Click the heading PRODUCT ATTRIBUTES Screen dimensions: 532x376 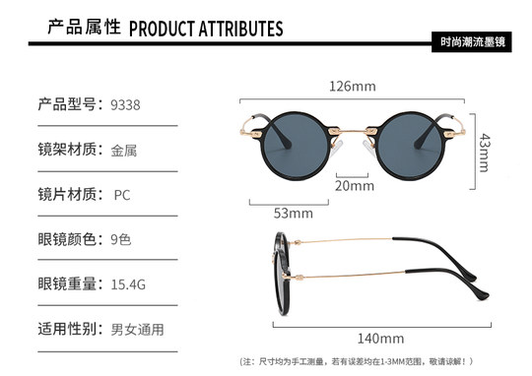[206, 29]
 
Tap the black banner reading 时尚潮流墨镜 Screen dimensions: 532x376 [477, 45]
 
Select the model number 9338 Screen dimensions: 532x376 [127, 104]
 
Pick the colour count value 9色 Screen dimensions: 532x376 [121, 239]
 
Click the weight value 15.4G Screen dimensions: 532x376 [129, 284]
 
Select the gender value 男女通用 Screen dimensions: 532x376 [137, 330]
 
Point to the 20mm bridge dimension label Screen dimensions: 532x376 [355, 185]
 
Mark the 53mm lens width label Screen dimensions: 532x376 [293, 213]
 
